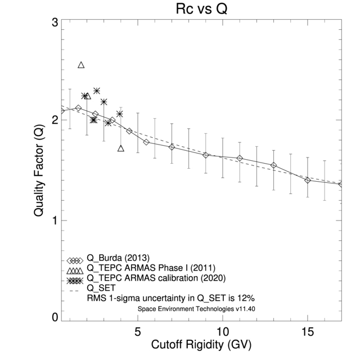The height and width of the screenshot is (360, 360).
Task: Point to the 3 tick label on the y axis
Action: click(x=55, y=23)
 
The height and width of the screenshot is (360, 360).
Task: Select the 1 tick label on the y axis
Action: click(x=55, y=220)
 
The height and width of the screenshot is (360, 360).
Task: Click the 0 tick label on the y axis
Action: click(x=55, y=318)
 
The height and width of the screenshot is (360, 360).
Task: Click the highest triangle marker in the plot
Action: click(x=81, y=65)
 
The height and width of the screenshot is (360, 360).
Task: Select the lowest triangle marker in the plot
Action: click(x=120, y=148)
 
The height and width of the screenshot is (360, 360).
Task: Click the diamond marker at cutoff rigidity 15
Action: click(x=308, y=180)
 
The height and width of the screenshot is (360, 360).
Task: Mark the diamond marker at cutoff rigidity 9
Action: click(x=206, y=155)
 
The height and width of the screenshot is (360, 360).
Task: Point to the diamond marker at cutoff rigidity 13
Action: click(x=273, y=165)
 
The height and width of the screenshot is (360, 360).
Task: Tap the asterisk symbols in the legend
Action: click(x=75, y=280)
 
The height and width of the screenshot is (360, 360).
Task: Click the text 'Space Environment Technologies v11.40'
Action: click(x=192, y=309)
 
